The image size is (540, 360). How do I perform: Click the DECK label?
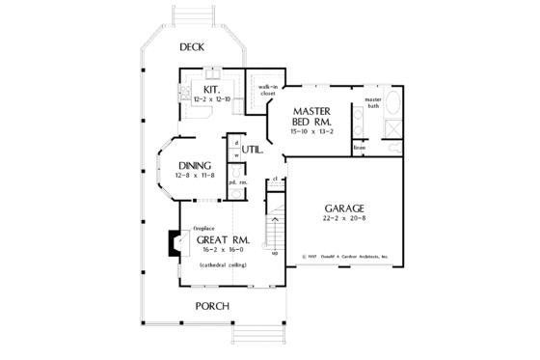192,47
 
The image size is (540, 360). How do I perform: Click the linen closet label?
359,147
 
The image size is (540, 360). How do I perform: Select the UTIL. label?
254,150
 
